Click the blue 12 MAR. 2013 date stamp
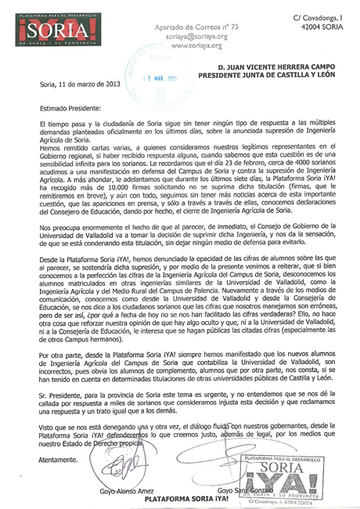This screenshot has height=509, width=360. point(159,77)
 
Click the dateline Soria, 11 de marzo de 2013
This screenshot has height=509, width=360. point(78,84)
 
